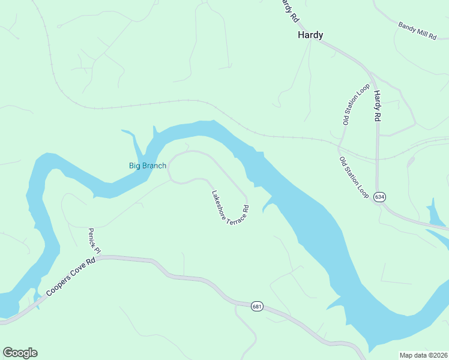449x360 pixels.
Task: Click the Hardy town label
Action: (x=310, y=35)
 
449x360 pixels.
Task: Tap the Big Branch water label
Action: (x=148, y=166)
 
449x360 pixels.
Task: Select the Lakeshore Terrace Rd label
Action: (x=230, y=208)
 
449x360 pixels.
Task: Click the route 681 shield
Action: (x=257, y=307)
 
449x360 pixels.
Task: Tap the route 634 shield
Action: (x=379, y=197)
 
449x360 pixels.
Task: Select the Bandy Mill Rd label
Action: (x=417, y=31)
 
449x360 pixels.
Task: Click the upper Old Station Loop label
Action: (x=356, y=104)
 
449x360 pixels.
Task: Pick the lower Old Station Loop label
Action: (x=354, y=178)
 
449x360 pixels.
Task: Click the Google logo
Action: (x=20, y=353)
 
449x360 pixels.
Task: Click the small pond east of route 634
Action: (x=435, y=214)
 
